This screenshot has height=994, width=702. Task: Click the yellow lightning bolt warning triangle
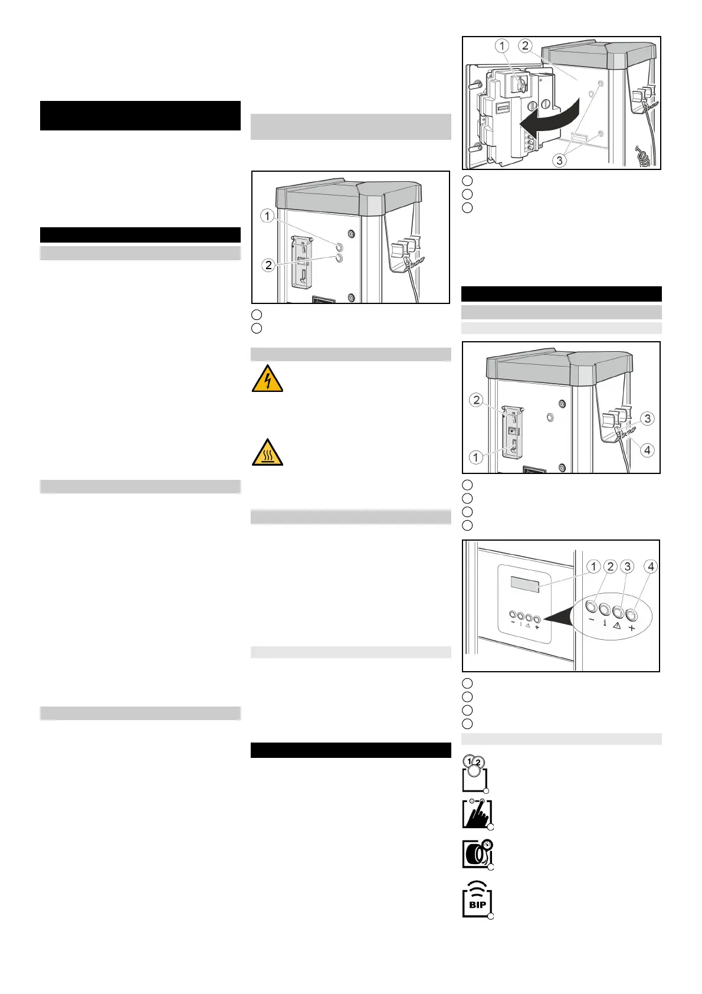(267, 379)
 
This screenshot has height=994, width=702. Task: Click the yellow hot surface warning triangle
(267, 453)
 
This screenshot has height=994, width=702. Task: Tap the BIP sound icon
(477, 900)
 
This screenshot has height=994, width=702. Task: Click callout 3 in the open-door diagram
(559, 160)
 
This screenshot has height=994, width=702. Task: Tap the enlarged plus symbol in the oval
(632, 628)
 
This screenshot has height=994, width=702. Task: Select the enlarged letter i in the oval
(605, 623)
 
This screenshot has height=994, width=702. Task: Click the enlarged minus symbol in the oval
(591, 620)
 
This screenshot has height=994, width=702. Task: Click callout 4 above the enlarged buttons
(651, 567)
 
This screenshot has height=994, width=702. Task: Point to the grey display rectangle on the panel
(525, 584)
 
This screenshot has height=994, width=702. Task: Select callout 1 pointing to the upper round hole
(267, 216)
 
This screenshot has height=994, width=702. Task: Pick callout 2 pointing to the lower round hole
(268, 265)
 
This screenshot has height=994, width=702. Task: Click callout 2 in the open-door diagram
(525, 45)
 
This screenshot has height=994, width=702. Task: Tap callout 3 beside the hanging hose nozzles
(648, 418)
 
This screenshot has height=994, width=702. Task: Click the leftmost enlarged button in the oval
(591, 607)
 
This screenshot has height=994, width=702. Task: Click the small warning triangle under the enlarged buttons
(617, 626)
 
